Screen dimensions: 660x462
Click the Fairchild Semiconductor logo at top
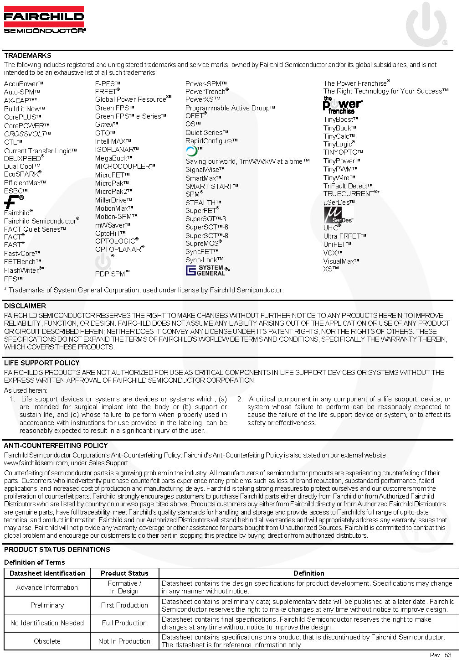click(44, 20)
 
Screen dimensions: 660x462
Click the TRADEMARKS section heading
click(28, 56)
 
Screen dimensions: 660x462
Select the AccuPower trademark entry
click(23, 84)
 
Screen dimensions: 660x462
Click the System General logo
click(206, 270)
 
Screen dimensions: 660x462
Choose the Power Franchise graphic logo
click(342, 105)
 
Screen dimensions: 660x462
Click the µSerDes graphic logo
click(338, 215)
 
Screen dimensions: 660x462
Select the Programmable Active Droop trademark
click(230, 108)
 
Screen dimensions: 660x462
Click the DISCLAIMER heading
click(25, 306)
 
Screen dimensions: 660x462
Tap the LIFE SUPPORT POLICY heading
click(42, 363)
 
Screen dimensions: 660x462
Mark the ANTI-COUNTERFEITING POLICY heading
click(56, 446)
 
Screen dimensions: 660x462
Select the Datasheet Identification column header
click(47, 573)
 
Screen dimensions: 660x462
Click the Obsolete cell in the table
click(47, 641)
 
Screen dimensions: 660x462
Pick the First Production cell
click(124, 605)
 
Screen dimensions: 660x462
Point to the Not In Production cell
click(124, 641)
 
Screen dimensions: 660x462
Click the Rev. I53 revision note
click(441, 655)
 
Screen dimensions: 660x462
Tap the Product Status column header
click(124, 573)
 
